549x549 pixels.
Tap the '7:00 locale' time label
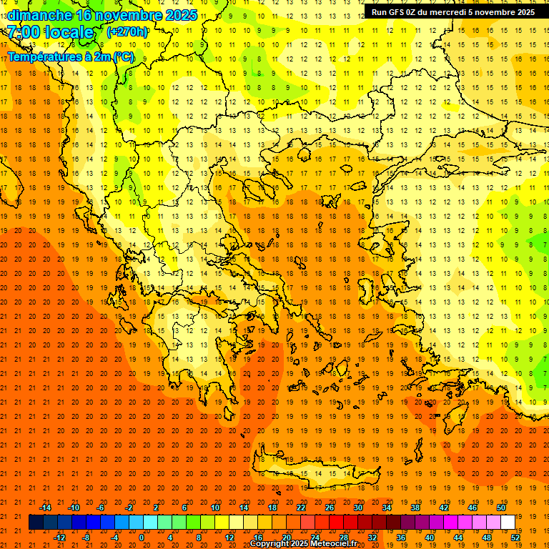tap(50, 32)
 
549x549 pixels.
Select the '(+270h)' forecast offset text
tap(128, 31)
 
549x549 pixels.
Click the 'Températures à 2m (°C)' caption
tap(70, 56)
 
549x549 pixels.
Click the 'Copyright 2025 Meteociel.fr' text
tap(303, 544)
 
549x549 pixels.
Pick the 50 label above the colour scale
tap(500, 508)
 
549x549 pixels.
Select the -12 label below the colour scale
tap(60, 537)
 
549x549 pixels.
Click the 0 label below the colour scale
tap(141, 537)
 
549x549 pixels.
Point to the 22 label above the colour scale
tap(300, 508)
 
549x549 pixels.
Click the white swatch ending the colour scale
tap(508, 523)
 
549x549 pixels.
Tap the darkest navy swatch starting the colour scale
tap(36, 523)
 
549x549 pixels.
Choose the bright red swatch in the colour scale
tap(336, 523)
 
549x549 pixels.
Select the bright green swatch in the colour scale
tap(193, 523)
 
